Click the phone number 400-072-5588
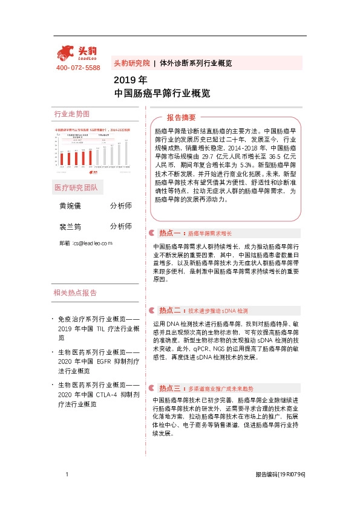pyautogui.click(x=77, y=68)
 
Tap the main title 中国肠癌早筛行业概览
pyautogui.click(x=162, y=94)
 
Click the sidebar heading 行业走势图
pyautogui.click(x=71, y=114)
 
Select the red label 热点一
pyautogui.click(x=169, y=233)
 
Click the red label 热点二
pyautogui.click(x=169, y=310)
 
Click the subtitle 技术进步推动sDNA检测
pyautogui.click(x=218, y=310)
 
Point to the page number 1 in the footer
pyautogui.click(x=66, y=475)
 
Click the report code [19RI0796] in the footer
pyautogui.click(x=292, y=476)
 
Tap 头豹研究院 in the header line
pyautogui.click(x=131, y=63)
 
